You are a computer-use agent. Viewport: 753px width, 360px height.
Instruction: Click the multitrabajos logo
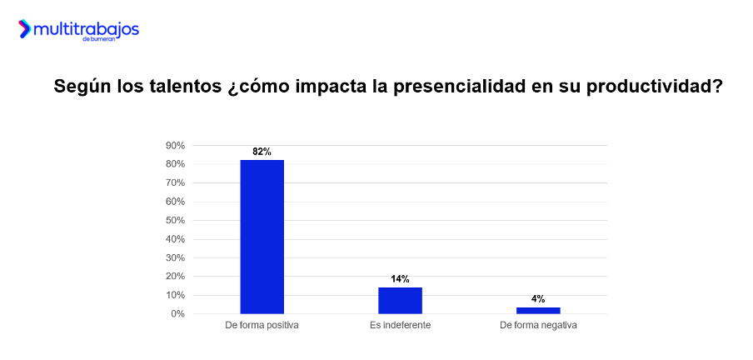(79, 31)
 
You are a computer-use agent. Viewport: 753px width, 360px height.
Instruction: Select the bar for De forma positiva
(262, 237)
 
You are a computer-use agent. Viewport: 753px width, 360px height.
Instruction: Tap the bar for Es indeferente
(400, 300)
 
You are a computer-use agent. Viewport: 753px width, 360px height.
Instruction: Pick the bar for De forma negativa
(538, 310)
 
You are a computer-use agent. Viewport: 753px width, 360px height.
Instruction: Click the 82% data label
(262, 152)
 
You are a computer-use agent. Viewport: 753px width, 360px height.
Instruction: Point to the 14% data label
(400, 279)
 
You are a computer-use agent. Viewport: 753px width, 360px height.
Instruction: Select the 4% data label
(538, 298)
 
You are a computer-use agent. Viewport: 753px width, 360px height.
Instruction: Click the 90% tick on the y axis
(175, 146)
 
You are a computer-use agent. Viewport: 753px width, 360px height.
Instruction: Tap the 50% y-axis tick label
(175, 220)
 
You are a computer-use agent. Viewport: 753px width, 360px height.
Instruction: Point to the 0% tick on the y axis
(177, 314)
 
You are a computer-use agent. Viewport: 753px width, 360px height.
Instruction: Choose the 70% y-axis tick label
(175, 182)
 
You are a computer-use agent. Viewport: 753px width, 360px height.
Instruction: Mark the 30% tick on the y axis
(175, 257)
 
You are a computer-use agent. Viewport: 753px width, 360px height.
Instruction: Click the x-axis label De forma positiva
(262, 325)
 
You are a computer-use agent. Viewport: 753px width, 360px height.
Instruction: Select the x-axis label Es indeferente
(400, 325)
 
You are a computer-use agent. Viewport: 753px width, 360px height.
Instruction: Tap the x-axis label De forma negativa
(538, 325)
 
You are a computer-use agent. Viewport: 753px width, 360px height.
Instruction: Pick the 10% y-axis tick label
(175, 295)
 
